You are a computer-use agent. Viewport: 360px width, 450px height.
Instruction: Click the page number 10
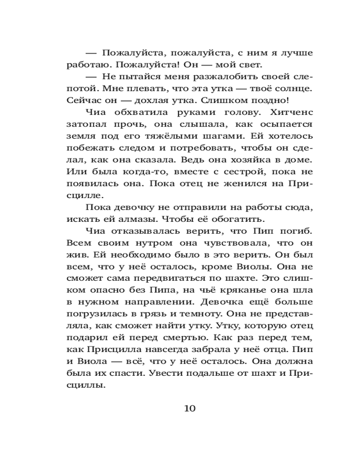pyautogui.click(x=189, y=408)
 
